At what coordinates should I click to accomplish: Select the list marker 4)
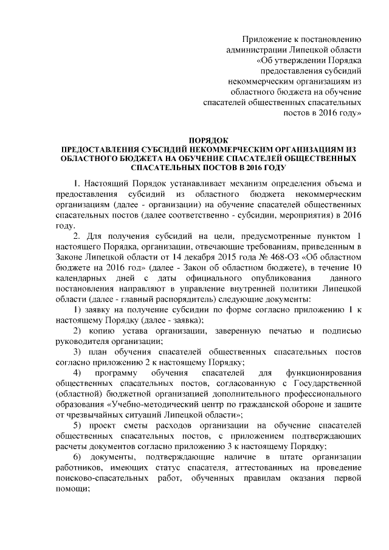pyautogui.click(x=77, y=376)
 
